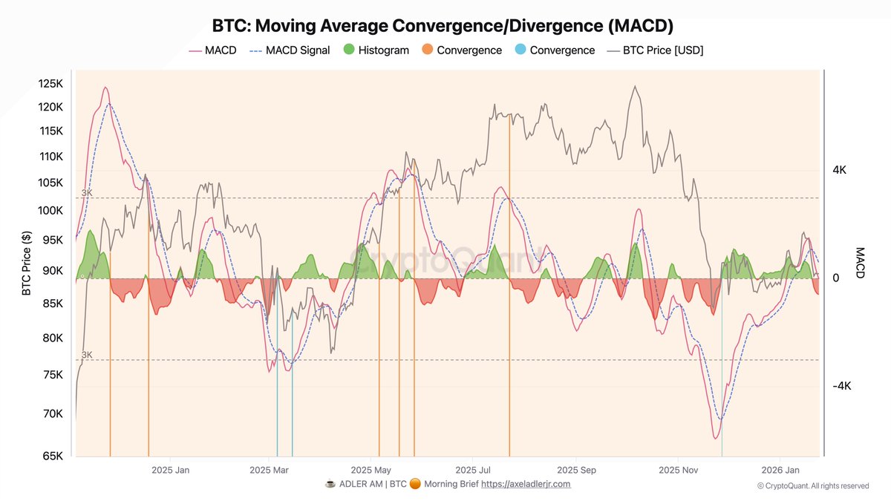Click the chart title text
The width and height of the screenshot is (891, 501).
[x=443, y=26]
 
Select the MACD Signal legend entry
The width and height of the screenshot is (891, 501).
[x=297, y=50]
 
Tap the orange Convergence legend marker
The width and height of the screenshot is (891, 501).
[x=428, y=50]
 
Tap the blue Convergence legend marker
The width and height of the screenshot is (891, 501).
[x=520, y=50]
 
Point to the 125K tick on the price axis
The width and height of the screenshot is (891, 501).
[x=51, y=83]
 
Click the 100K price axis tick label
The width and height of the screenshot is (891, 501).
[x=51, y=210]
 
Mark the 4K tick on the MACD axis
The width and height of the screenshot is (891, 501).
[x=840, y=170]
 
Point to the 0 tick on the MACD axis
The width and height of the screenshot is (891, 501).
[x=835, y=278]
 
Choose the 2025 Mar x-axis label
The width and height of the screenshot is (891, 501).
[x=270, y=470]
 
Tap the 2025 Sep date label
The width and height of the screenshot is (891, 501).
[x=577, y=470]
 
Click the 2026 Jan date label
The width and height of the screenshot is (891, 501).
[x=780, y=470]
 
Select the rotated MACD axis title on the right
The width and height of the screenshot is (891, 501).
[x=860, y=263]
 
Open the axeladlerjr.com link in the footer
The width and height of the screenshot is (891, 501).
[x=526, y=484]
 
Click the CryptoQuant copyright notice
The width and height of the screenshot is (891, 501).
[x=813, y=486]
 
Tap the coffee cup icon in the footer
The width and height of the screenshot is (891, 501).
[x=330, y=484]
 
